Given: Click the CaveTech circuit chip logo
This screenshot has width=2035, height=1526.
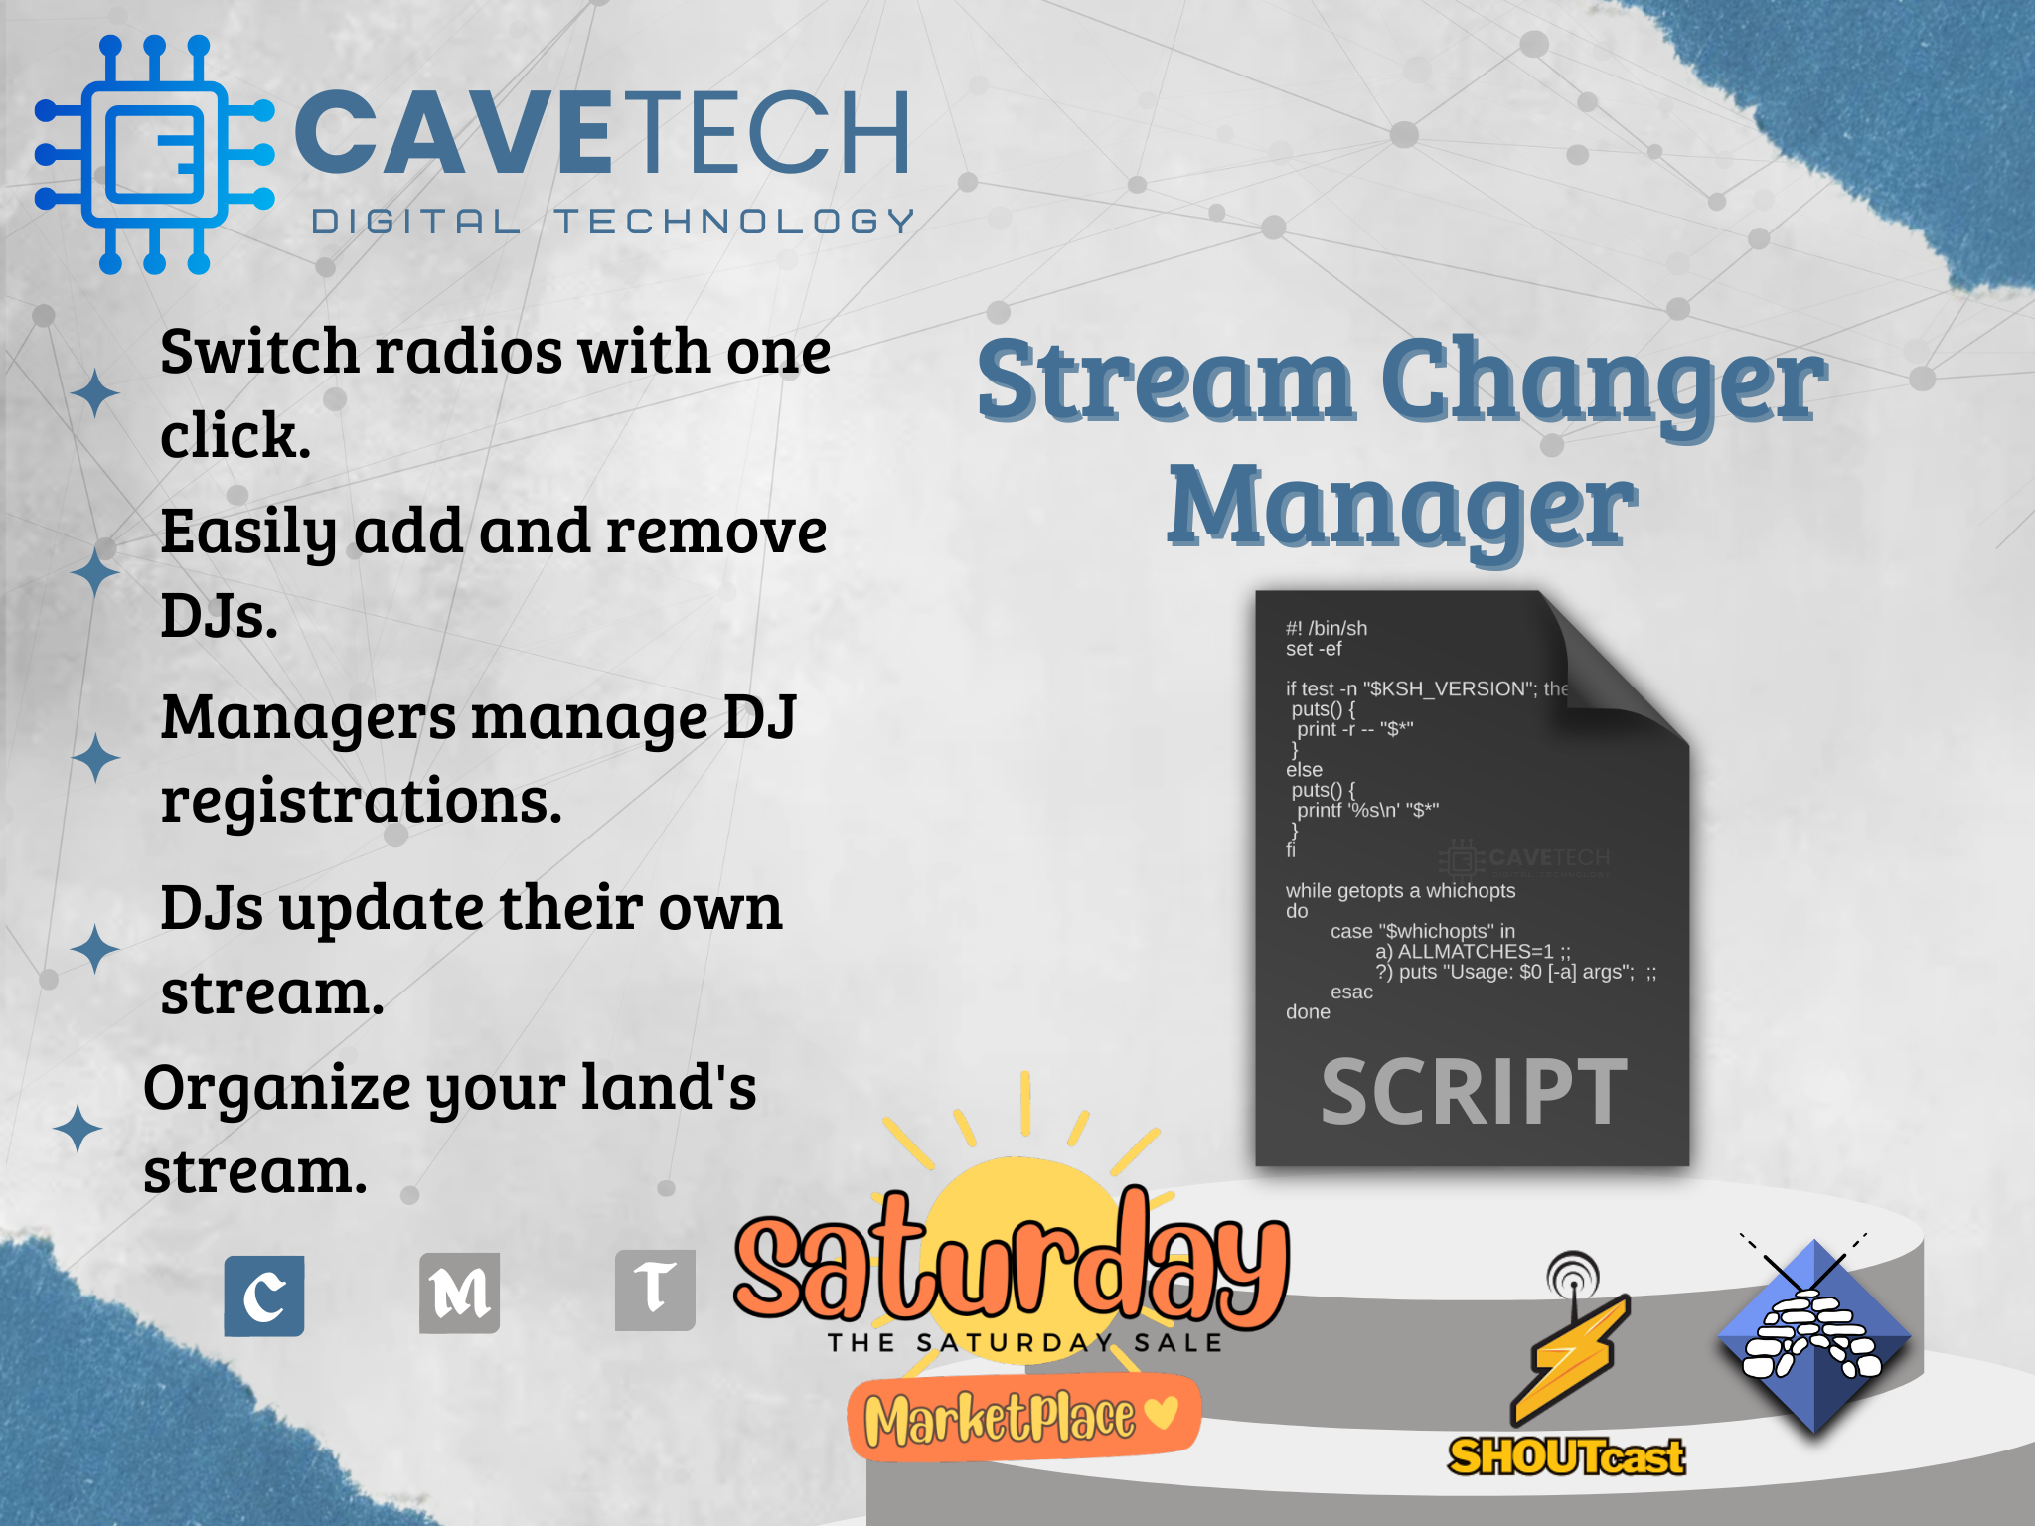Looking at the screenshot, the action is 154,154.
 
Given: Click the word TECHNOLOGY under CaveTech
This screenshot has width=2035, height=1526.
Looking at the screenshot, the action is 734,222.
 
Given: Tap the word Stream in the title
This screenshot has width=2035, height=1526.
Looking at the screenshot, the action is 1165,382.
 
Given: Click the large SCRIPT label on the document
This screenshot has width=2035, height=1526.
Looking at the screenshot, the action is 1474,1092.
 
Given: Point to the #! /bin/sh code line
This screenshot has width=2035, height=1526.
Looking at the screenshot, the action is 1326,628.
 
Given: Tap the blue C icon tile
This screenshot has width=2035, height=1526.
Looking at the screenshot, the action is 264,1296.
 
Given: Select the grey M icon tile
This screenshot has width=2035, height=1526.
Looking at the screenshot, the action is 459,1293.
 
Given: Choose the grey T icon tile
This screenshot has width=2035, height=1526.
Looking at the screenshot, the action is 655,1290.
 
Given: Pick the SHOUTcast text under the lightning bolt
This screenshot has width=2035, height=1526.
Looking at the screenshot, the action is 1566,1456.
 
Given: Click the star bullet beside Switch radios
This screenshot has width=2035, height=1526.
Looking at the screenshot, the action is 95,392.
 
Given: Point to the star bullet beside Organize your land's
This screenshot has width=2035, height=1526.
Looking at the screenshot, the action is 78,1129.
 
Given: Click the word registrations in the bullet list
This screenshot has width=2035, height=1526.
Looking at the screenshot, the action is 362,801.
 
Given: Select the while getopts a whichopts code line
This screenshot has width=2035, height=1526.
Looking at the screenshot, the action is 1400,891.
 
